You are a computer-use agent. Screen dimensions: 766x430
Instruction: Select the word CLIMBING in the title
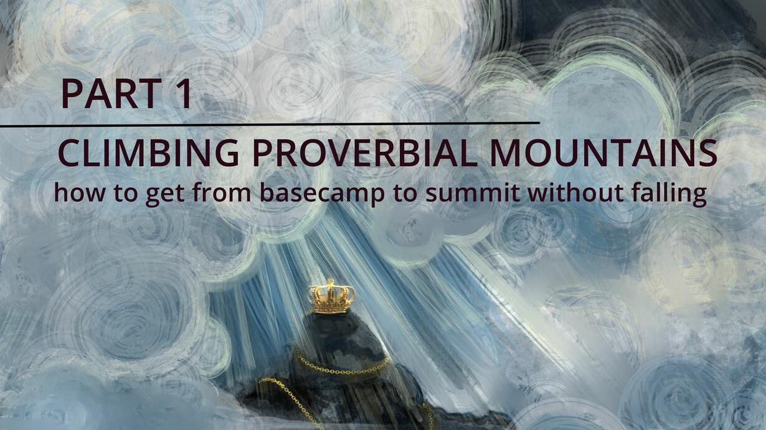pos(148,153)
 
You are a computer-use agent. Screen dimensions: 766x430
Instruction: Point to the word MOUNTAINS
pos(603,153)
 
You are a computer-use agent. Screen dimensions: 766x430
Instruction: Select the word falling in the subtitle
pos(669,194)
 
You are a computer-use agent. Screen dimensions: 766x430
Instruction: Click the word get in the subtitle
pos(166,195)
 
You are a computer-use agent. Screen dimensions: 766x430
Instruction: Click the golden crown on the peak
pos(330,297)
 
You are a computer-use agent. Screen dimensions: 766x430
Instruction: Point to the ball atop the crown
pos(330,282)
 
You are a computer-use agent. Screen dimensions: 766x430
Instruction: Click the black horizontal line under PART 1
pos(270,124)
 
